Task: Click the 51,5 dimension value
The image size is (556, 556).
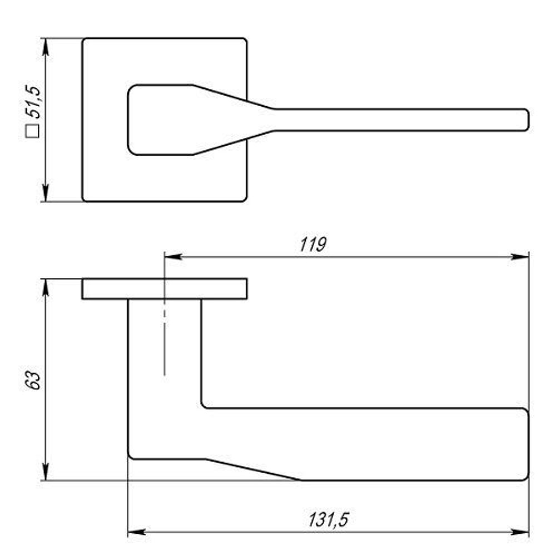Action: point(33,102)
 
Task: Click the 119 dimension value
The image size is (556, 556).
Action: point(312,245)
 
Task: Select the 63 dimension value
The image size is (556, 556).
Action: point(33,380)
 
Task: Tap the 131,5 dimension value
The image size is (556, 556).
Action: point(329,520)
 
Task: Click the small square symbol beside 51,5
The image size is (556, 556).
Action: point(33,131)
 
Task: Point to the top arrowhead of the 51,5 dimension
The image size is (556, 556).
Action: point(46,47)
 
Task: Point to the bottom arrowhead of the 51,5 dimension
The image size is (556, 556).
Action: point(46,193)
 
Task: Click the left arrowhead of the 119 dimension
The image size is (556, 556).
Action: point(173,256)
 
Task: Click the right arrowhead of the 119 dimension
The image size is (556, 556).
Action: point(520,256)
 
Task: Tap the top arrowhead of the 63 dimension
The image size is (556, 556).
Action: point(46,287)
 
